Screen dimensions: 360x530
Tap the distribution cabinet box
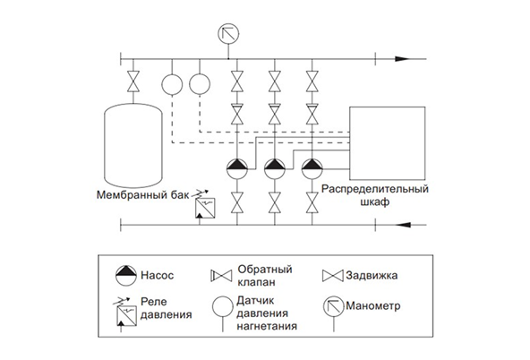pos(385,143)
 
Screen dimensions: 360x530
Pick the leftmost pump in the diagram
pos(237,166)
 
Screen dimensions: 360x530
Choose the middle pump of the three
pos(274,166)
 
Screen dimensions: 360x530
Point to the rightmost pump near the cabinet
pos(311,166)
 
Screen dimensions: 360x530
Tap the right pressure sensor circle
pos(199,82)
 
